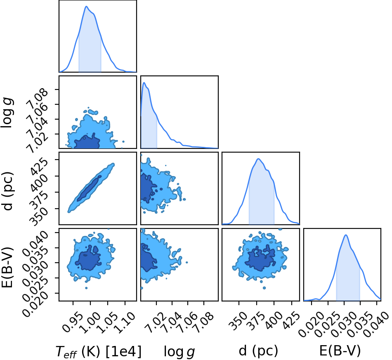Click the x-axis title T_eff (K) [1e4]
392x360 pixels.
pyautogui.click(x=99, y=351)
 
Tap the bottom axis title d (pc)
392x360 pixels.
pyautogui.click(x=258, y=351)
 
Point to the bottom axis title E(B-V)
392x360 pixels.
pyautogui.click(x=340, y=351)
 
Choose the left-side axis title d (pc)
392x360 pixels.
pyautogui.click(x=7, y=191)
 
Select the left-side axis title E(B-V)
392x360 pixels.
pyautogui.click(x=7, y=267)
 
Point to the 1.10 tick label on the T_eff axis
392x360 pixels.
pyautogui.click(x=125, y=322)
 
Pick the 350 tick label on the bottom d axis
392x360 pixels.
pyautogui.click(x=235, y=321)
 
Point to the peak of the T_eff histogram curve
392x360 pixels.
pyautogui.click(x=86, y=6)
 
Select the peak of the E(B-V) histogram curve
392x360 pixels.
pyautogui.click(x=346, y=235)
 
